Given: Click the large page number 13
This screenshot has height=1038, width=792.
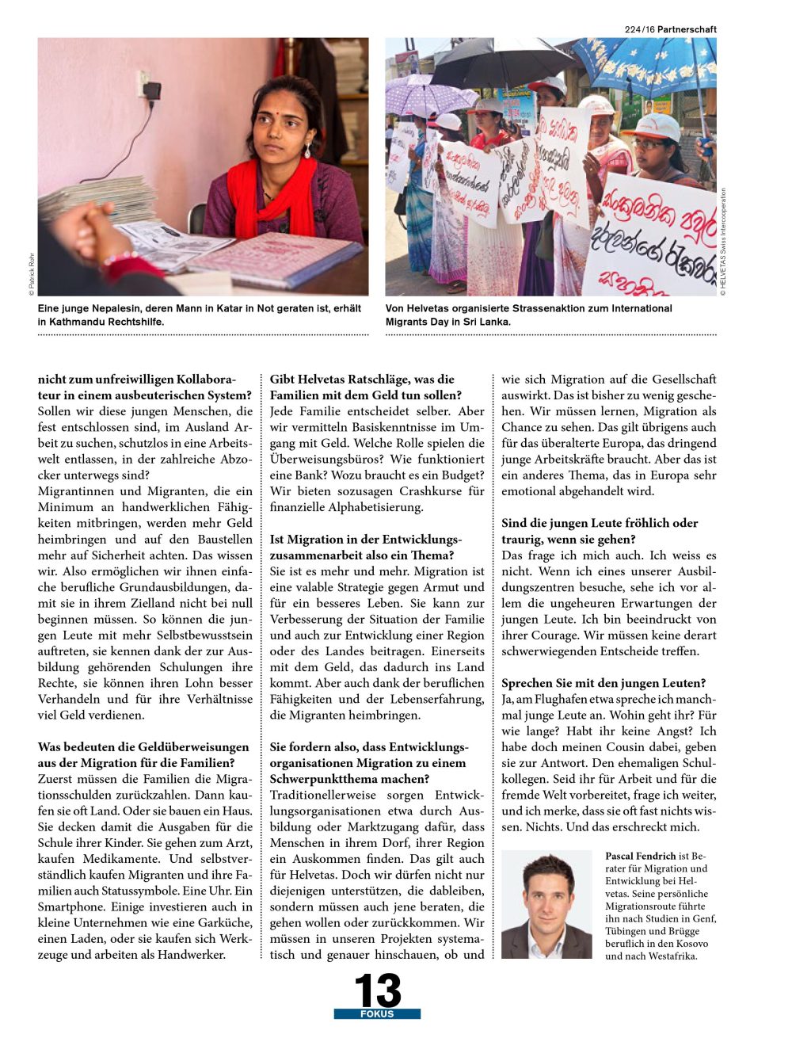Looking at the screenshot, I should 377,990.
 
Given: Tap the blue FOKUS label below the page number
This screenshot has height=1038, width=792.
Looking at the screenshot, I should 377,1014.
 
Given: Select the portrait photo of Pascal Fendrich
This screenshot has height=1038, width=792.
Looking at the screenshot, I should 546,905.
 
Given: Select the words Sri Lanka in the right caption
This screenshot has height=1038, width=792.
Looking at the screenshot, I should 490,322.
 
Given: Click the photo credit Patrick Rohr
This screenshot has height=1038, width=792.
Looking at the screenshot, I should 32,273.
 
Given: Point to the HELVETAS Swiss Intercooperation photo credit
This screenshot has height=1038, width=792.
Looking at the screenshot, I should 723,242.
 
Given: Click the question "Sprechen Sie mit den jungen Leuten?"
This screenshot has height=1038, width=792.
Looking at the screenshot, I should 604,683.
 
